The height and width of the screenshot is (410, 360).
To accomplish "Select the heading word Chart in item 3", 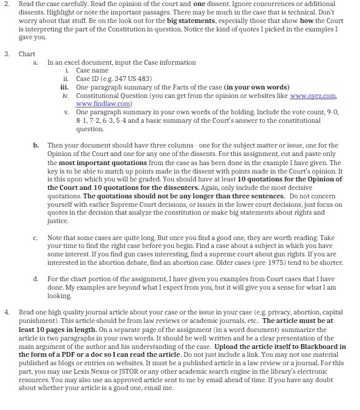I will point(27,54).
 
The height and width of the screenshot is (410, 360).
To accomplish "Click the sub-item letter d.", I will point(35,278).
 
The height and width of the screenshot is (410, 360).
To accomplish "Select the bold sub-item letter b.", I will point(35,146).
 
